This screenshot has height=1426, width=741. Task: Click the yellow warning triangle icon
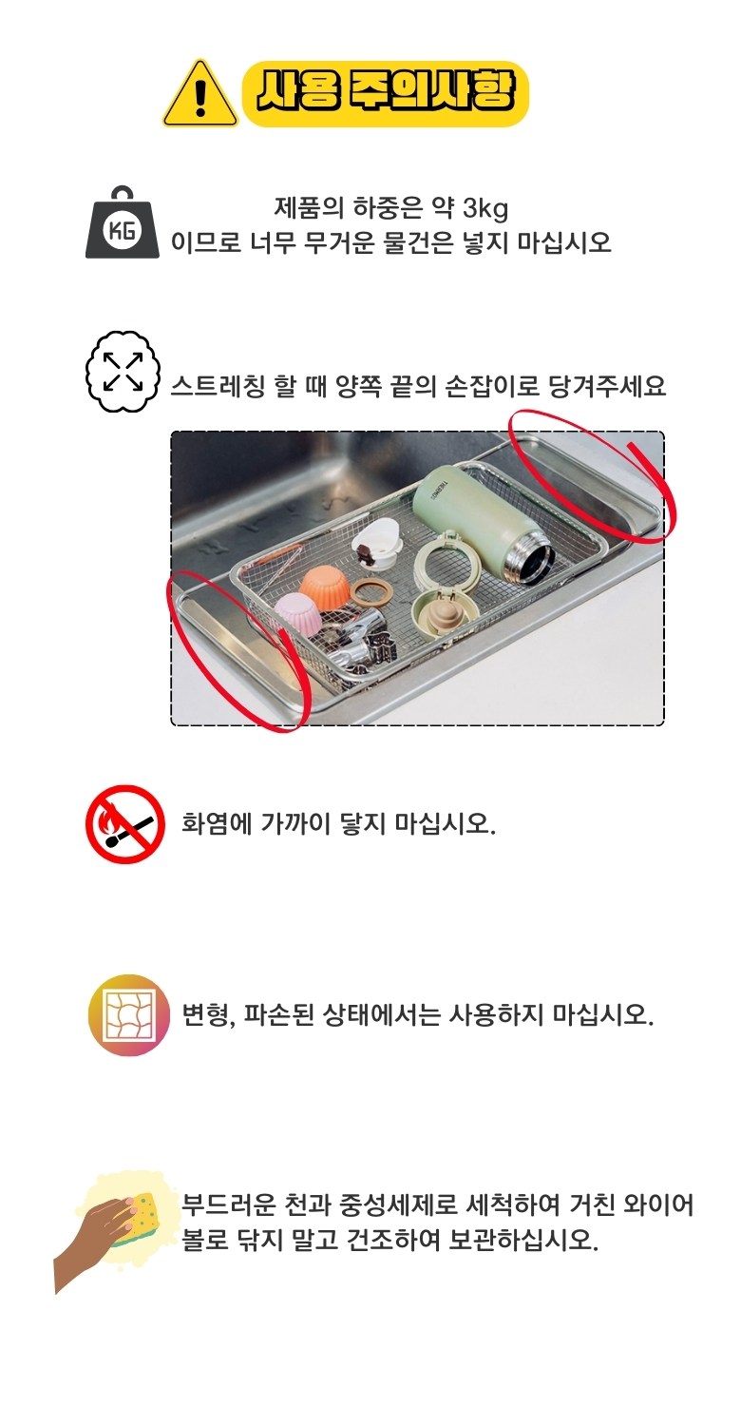[200, 95]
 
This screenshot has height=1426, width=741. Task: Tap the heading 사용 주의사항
[385, 94]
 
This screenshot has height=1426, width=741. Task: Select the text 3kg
[485, 208]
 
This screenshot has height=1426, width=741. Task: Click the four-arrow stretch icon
[123, 372]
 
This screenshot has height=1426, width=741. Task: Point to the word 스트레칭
[218, 386]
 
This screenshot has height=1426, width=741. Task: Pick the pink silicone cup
[299, 613]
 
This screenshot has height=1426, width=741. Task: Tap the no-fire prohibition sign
[125, 824]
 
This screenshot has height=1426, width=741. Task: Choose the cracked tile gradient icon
[129, 1014]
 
